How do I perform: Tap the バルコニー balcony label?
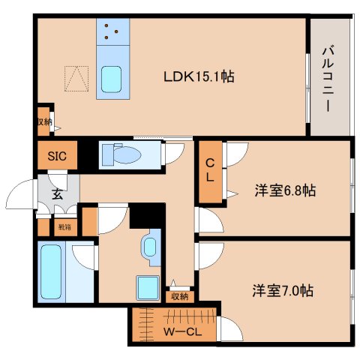click(x=328, y=79)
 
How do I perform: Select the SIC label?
click(x=57, y=157)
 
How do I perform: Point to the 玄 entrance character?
click(x=57, y=193)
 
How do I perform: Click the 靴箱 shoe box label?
click(x=65, y=226)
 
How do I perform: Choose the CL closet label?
click(x=211, y=171)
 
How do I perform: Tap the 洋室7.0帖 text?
click(x=283, y=289)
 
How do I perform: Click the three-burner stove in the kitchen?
click(x=113, y=31)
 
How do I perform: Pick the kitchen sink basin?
click(x=113, y=78)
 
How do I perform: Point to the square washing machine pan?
click(x=147, y=288)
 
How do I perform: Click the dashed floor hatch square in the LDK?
click(x=76, y=78)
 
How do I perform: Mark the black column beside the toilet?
click(x=89, y=155)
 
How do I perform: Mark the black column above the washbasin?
click(x=146, y=216)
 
